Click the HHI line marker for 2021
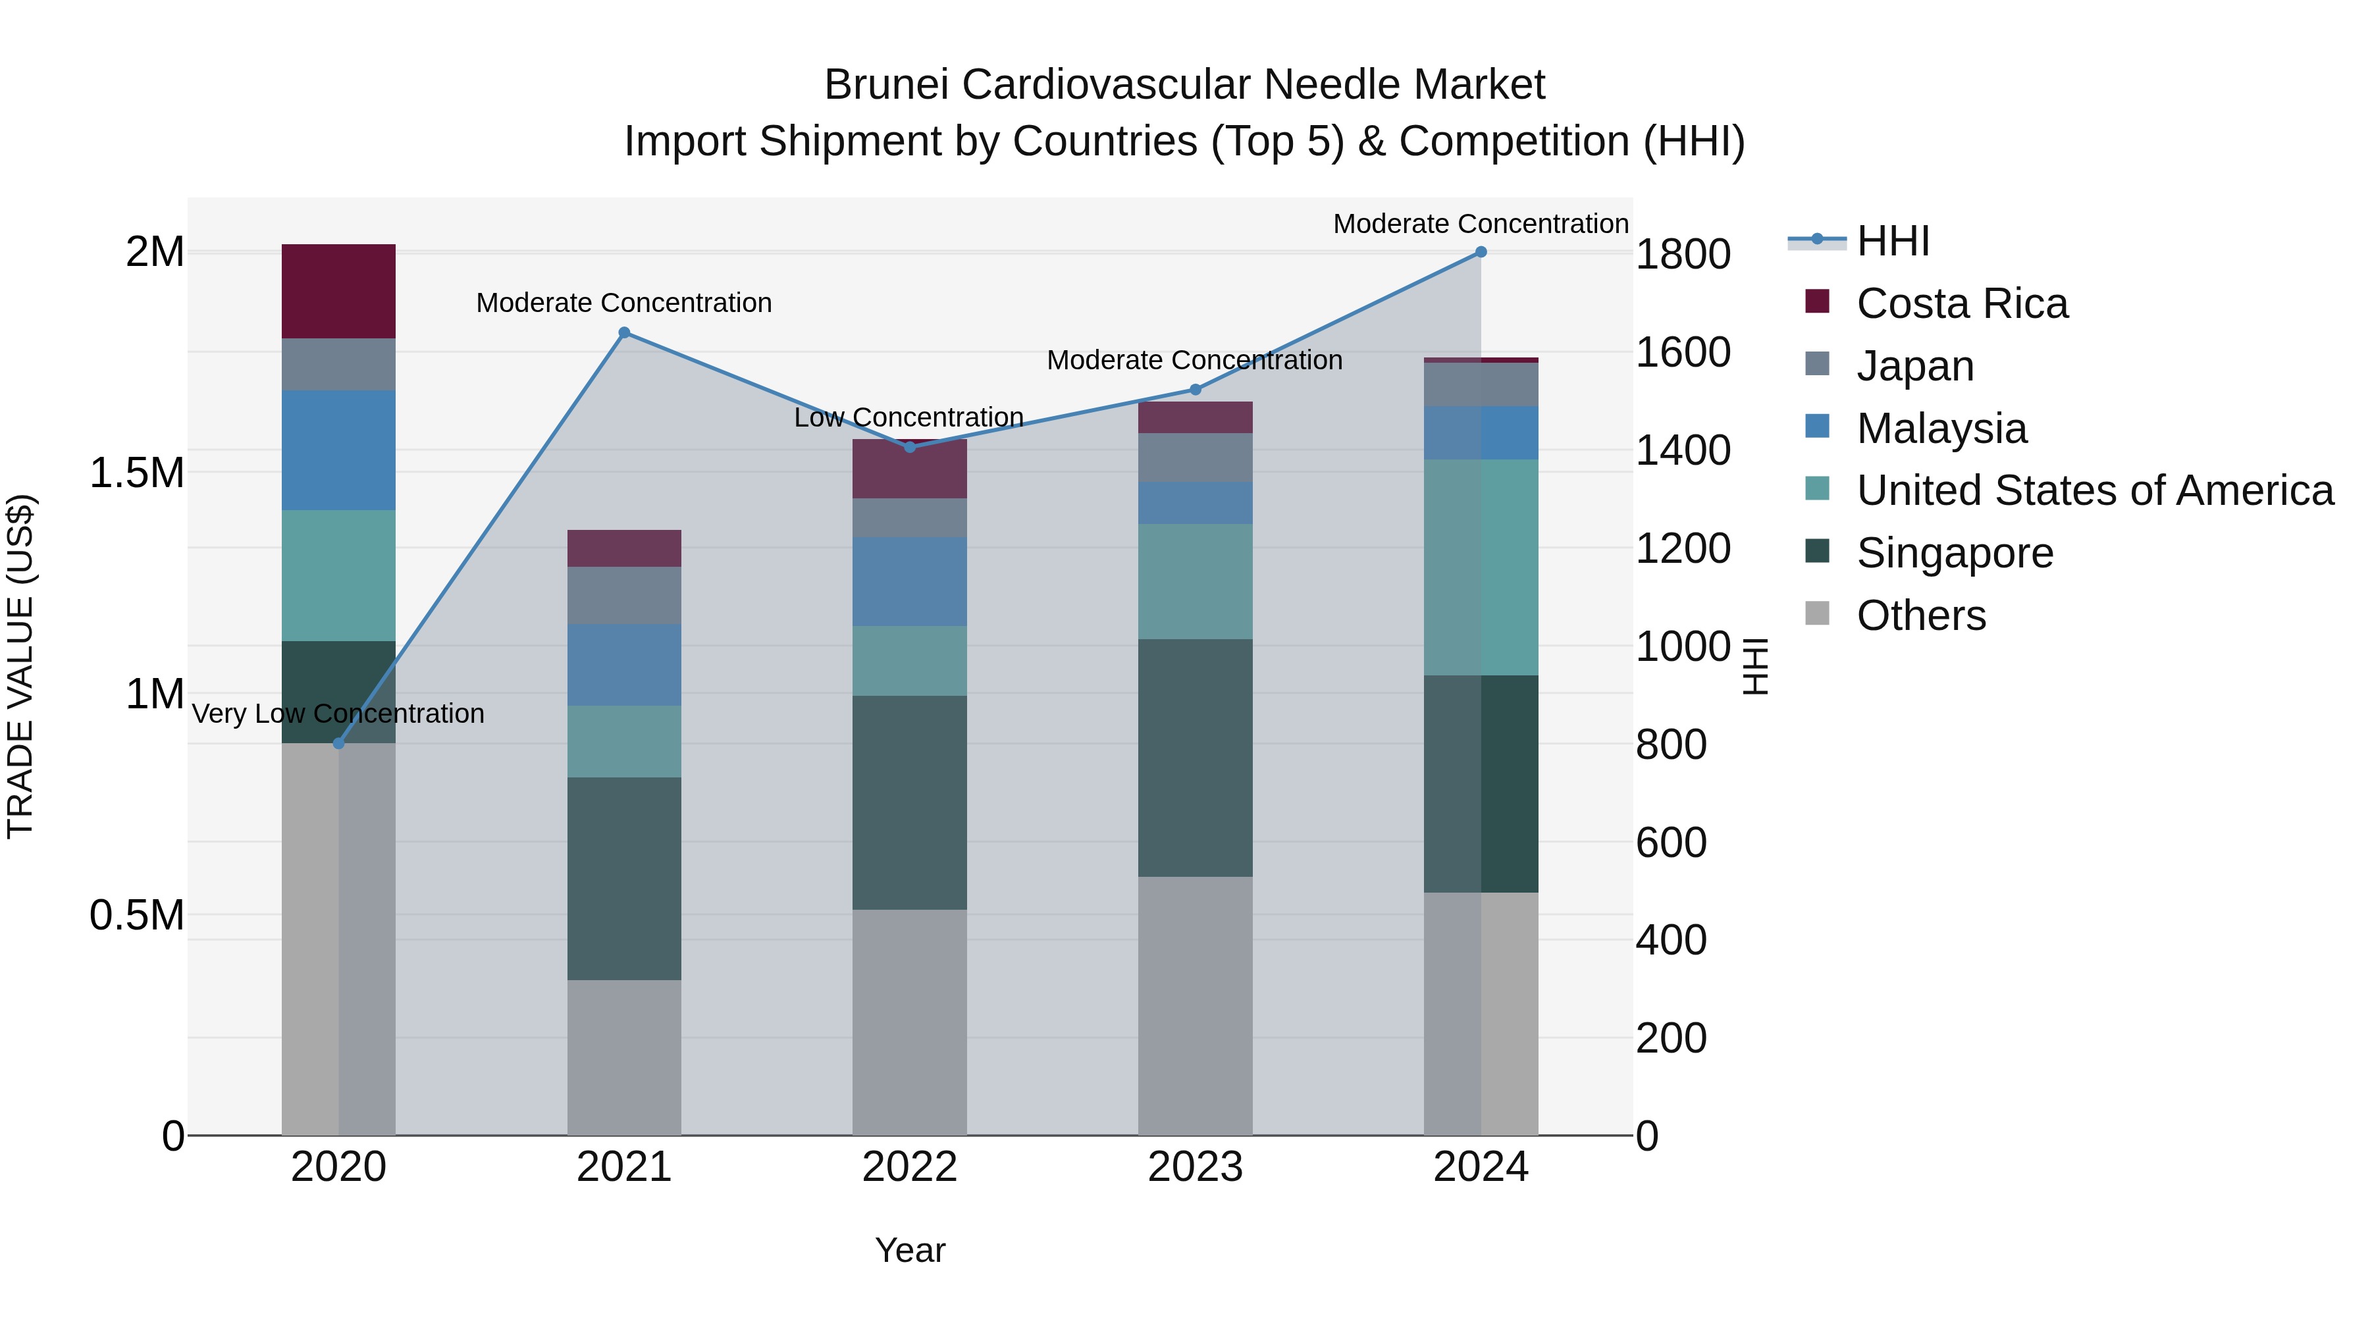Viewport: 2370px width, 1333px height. click(x=624, y=333)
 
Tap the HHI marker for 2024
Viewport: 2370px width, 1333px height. click(x=1481, y=252)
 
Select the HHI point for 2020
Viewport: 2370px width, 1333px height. click(x=338, y=743)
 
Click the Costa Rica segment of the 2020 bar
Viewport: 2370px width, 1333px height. click(x=338, y=292)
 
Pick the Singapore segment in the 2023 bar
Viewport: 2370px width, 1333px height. click(x=1195, y=758)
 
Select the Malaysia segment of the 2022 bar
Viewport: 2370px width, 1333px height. click(x=909, y=581)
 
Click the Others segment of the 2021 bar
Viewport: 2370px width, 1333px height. click(x=624, y=1057)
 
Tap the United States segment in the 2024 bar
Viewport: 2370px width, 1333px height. click(x=1481, y=567)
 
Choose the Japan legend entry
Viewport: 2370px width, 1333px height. click(x=1914, y=366)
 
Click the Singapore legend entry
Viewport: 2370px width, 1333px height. click(x=1954, y=553)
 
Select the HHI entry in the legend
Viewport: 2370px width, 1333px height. click(x=1893, y=241)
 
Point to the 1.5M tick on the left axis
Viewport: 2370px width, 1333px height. click(x=136, y=473)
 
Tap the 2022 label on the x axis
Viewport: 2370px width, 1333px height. click(x=909, y=1167)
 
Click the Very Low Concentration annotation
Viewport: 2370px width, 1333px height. click(x=338, y=714)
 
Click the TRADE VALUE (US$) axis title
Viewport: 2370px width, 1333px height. click(x=20, y=666)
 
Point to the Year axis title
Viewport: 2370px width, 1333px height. click(x=909, y=1250)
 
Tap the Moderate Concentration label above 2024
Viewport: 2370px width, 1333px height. click(x=1481, y=224)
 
